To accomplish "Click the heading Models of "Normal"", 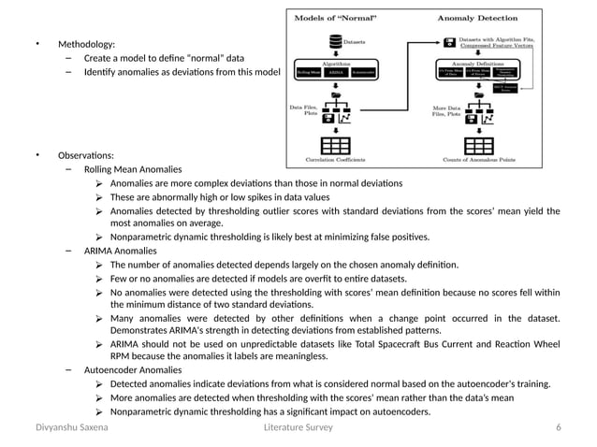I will (334, 18).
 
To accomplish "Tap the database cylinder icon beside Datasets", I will (335, 42).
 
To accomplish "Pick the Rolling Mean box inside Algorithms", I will (308, 72).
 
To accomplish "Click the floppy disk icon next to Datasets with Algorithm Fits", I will (448, 42).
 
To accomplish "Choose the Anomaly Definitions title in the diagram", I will (478, 63).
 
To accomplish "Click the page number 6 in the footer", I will (558, 427).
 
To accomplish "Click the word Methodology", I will (86, 44).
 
